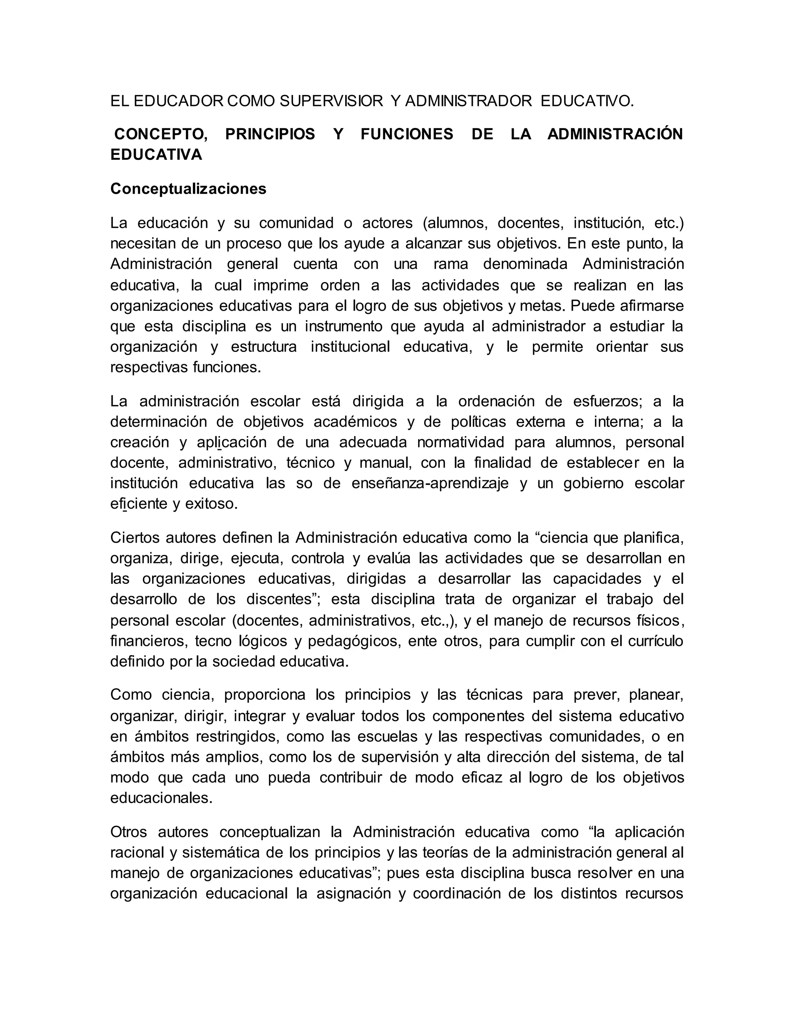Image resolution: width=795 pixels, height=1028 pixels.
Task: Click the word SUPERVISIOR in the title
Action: coord(331,101)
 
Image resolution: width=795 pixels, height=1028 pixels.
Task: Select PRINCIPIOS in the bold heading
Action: coord(270,134)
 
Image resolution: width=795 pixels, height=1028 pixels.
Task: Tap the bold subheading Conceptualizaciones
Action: coord(188,189)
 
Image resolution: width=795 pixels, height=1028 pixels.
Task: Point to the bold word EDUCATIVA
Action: coord(156,154)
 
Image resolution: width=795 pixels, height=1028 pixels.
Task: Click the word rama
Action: coord(451,264)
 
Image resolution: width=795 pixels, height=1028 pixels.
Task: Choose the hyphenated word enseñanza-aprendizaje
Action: coord(430,483)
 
